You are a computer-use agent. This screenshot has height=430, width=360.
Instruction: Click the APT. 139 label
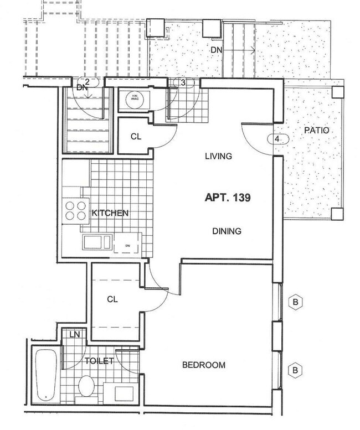(228, 197)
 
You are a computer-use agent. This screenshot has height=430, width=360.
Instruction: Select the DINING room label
(227, 231)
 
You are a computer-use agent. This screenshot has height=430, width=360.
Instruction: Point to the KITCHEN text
(110, 213)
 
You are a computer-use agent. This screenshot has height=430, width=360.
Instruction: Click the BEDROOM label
(204, 365)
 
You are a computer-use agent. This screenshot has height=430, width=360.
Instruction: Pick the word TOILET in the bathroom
(99, 361)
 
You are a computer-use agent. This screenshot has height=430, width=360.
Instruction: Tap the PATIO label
(316, 131)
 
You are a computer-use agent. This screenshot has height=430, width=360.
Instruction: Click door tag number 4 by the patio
(277, 139)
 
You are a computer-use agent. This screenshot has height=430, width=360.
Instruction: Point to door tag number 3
(183, 82)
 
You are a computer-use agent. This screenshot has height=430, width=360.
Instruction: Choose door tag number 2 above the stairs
(87, 81)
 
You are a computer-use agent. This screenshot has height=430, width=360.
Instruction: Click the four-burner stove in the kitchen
(75, 211)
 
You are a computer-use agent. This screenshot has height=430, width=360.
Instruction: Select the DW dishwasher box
(127, 245)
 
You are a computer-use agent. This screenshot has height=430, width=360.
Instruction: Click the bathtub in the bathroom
(44, 374)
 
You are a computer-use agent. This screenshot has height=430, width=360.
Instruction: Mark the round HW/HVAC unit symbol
(133, 99)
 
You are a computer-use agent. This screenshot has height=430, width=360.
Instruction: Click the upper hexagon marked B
(296, 303)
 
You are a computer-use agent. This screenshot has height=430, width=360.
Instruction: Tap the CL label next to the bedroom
(112, 299)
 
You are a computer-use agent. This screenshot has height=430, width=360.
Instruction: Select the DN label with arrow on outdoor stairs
(217, 51)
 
